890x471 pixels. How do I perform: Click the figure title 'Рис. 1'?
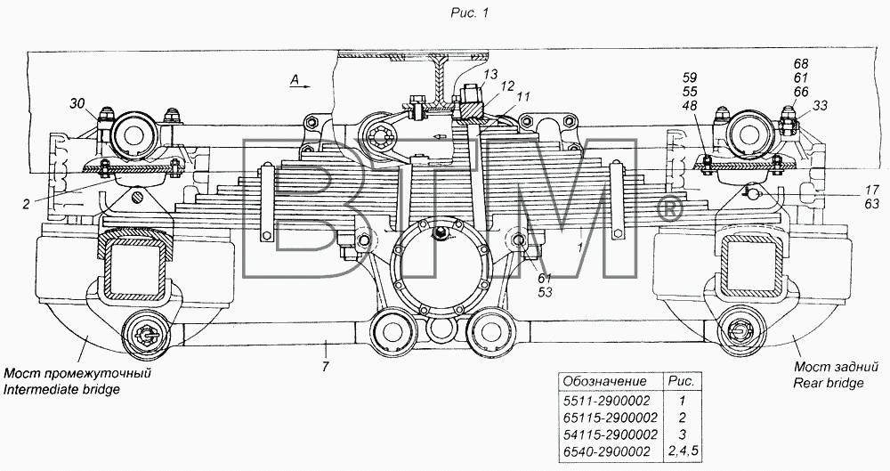469,12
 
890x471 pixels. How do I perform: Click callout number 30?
78,102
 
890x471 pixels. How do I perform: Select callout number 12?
507,85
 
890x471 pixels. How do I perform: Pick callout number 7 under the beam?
325,367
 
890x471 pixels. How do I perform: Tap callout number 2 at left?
26,205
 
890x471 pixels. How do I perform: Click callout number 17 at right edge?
872,191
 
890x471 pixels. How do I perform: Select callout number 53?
545,293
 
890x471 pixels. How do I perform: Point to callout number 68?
801,63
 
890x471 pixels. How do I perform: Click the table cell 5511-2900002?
607,401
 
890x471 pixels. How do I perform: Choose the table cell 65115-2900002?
611,418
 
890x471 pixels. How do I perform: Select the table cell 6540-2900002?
607,451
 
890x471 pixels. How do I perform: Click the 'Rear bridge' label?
828,383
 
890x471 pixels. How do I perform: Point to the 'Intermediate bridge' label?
61,390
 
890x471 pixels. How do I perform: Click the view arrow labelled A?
301,84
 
